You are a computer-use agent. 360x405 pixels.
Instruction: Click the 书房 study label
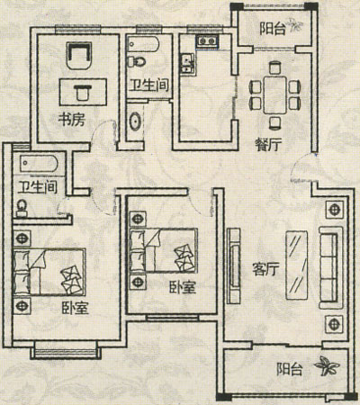point(71,120)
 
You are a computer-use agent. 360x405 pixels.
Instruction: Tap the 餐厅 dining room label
point(268,145)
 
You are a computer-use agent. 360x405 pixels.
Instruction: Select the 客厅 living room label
point(265,269)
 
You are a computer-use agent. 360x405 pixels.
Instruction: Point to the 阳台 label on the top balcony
point(273,29)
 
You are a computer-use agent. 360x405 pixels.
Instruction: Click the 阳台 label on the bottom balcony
point(289,369)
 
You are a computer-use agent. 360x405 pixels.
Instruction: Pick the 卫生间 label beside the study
point(149,85)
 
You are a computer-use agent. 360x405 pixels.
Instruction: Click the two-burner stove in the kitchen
point(207,40)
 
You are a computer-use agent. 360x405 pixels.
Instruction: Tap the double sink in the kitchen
point(187,63)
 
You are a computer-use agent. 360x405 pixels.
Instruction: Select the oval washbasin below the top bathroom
point(136,121)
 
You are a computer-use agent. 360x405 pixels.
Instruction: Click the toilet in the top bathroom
point(136,62)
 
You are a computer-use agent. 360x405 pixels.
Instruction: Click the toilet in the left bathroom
point(22,208)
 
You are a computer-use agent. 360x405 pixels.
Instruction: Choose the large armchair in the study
point(78,56)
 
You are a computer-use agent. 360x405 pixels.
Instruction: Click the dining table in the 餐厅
point(275,94)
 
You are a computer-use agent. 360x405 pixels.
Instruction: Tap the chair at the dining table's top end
point(274,67)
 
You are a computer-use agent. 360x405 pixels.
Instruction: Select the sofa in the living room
point(331,267)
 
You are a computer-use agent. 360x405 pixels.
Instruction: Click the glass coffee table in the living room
point(297,265)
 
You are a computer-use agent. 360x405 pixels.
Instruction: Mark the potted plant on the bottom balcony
point(327,365)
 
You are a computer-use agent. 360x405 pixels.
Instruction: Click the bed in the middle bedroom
point(164,250)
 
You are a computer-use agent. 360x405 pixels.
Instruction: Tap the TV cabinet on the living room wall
point(233,265)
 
